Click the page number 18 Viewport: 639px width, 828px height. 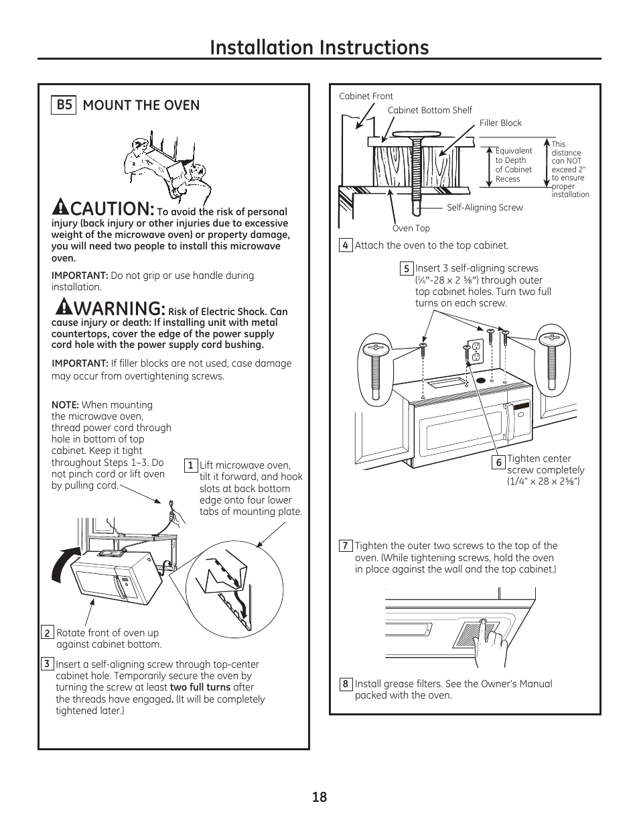click(x=319, y=796)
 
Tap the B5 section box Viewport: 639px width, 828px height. click(x=64, y=105)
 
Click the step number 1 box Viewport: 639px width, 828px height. click(x=190, y=465)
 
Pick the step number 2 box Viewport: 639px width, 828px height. click(x=47, y=633)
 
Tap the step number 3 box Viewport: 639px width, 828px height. click(x=46, y=664)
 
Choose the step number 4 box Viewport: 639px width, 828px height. click(x=345, y=245)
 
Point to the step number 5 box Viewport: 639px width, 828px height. click(x=406, y=269)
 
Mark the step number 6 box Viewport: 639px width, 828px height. click(x=498, y=463)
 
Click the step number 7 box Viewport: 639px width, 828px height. click(x=345, y=546)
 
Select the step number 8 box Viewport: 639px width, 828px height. click(x=345, y=684)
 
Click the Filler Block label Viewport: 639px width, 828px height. click(x=500, y=123)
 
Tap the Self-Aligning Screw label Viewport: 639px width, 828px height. click(x=484, y=207)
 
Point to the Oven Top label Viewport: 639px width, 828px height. click(x=411, y=228)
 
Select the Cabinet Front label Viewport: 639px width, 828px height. click(x=366, y=96)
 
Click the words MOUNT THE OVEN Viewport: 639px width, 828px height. click(x=141, y=105)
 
